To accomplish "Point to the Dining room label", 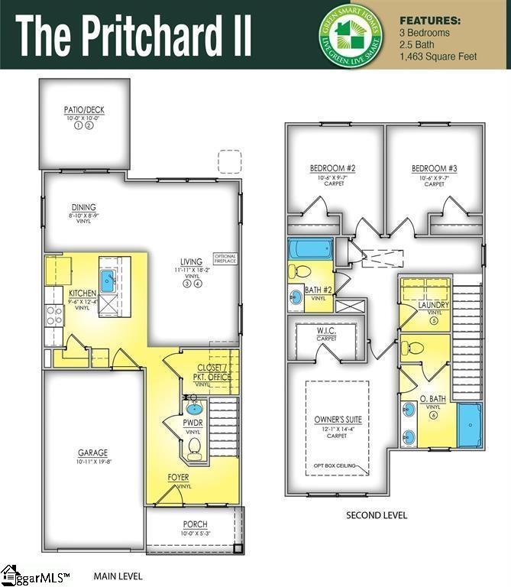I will click(84, 207).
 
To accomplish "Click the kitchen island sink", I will click(108, 277).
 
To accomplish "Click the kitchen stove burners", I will click(53, 314).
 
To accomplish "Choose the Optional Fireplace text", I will click(225, 258).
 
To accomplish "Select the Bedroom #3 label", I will click(434, 168).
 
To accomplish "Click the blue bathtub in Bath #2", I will click(311, 249).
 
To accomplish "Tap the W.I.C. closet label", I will click(327, 331).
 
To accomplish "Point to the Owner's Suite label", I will click(338, 420).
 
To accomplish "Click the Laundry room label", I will click(433, 305).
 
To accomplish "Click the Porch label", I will click(194, 524).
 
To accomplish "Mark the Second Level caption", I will click(377, 515).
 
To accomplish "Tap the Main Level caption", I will click(118, 575).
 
